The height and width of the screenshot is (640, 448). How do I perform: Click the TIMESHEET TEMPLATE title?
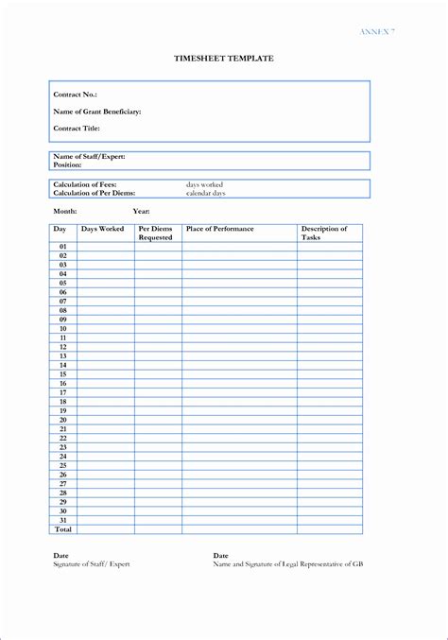223,59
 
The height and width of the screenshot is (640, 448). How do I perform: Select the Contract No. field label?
76,95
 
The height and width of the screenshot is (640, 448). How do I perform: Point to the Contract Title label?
77,128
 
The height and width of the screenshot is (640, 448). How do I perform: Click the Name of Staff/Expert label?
90,156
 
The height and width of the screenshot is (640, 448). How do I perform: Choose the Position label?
69,164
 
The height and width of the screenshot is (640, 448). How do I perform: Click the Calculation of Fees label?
86,184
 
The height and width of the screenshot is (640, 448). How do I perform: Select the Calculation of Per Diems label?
95,193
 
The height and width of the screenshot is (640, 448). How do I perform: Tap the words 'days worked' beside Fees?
205,184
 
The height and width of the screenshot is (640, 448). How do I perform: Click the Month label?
65,211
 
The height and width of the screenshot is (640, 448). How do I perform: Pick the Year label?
142,211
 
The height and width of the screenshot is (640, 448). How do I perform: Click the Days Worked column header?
102,229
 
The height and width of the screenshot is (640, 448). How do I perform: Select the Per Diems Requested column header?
156,234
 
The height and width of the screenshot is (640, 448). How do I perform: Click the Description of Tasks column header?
324,234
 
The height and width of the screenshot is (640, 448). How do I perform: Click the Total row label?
63,529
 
